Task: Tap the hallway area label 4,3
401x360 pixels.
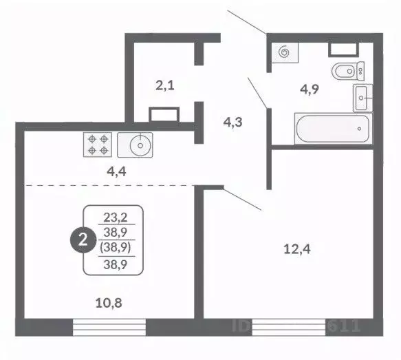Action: (232, 123)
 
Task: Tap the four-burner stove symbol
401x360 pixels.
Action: (97, 145)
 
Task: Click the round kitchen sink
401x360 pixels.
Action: (140, 145)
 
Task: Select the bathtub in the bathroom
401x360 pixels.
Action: (332, 129)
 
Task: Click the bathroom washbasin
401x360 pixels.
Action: (363, 98)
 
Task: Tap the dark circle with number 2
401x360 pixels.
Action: (83, 240)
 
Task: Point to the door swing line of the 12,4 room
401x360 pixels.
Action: (241, 200)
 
